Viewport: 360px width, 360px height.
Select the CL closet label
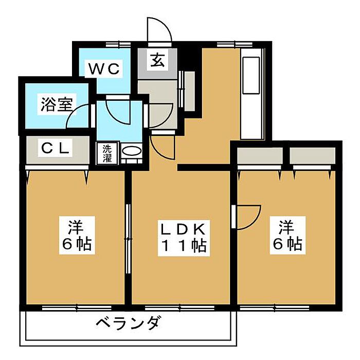(56, 149)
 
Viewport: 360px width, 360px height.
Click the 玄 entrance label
(157, 61)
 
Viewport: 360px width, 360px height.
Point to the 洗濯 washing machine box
(107, 153)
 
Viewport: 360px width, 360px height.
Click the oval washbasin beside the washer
(132, 153)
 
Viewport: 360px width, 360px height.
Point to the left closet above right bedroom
(260, 155)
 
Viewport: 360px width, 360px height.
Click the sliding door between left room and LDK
(128, 240)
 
